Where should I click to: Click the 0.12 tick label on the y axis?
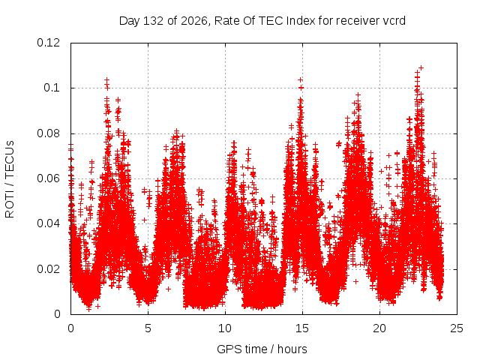pos(48,43)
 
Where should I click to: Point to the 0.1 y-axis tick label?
pos(52,88)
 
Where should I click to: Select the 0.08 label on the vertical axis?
pos(48,133)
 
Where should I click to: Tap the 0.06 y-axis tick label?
pos(48,178)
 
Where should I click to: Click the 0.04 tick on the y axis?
pos(48,223)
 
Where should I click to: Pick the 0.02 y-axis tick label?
pos(48,269)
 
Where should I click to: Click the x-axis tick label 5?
pos(148,328)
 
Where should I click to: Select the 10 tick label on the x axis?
pos(225,328)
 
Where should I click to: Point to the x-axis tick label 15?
pos(302,328)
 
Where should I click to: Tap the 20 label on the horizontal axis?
pos(379,328)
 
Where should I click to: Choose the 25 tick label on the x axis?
pos(457,328)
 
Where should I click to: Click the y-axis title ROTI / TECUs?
pos(10,179)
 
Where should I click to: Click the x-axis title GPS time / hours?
pos(262,349)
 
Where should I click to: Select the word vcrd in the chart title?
pos(394,21)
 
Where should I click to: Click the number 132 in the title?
pos(154,21)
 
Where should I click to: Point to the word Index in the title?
pos(301,21)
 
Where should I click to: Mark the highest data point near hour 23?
pos(421,67)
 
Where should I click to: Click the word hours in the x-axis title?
pos(292,349)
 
